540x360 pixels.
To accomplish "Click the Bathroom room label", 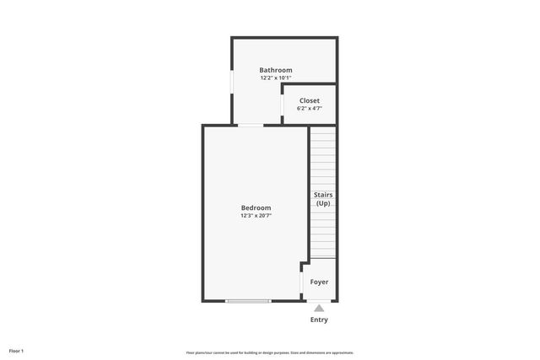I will [276, 70].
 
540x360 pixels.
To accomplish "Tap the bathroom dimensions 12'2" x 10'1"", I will [276, 78].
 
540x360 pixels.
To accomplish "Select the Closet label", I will [309, 100].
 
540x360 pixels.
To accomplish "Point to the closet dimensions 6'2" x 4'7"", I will [309, 109].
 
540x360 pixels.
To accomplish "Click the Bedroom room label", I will [256, 207].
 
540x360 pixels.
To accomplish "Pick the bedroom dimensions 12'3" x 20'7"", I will [256, 216].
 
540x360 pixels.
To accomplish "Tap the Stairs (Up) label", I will [322, 199].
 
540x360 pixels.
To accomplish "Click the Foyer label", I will [319, 282].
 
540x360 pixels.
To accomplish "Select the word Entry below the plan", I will [319, 320].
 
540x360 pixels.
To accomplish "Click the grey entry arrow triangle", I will [319, 309].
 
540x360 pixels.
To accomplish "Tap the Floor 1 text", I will [16, 351].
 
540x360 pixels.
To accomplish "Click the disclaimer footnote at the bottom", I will [270, 352].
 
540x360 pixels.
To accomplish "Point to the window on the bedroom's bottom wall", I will [248, 301].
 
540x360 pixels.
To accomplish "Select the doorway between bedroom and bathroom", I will [250, 126].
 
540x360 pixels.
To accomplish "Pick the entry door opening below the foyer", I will [319, 301].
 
